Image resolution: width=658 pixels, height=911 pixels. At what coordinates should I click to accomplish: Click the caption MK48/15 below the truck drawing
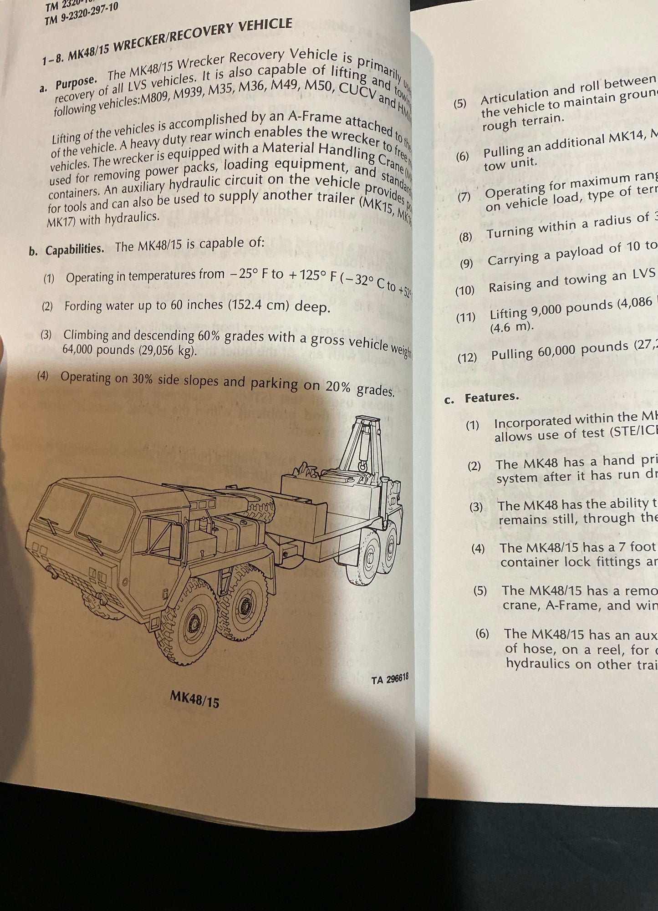tap(194, 699)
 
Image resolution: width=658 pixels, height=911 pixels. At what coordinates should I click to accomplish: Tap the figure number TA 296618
tap(389, 679)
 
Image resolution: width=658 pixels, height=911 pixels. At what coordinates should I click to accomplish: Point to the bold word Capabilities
tap(75, 249)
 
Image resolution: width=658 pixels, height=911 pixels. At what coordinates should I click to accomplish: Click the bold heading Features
tap(492, 397)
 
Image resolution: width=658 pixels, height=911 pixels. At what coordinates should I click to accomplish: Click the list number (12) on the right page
tap(467, 357)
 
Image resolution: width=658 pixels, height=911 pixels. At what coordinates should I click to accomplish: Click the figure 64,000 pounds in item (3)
tap(98, 350)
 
